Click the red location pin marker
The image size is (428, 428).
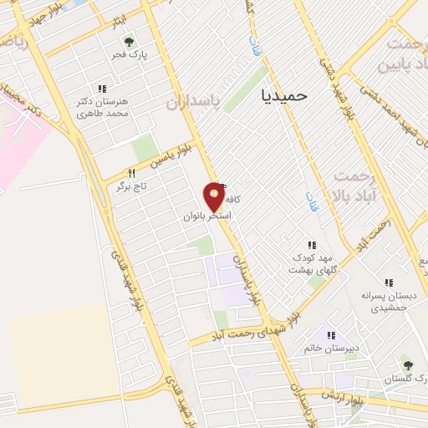pos(215,196)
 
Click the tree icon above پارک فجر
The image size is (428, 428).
pos(129,42)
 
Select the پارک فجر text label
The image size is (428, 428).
pos(130,55)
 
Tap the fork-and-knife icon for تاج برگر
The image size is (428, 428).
pos(131,174)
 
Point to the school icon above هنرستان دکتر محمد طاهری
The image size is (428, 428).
pos(102,89)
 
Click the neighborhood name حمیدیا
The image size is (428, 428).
pos(284,95)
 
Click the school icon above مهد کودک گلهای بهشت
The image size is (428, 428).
pos(312,246)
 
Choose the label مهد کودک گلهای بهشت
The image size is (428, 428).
pos(312,264)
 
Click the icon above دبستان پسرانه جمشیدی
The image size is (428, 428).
pos(388,284)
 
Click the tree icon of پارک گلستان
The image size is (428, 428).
pos(408,365)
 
